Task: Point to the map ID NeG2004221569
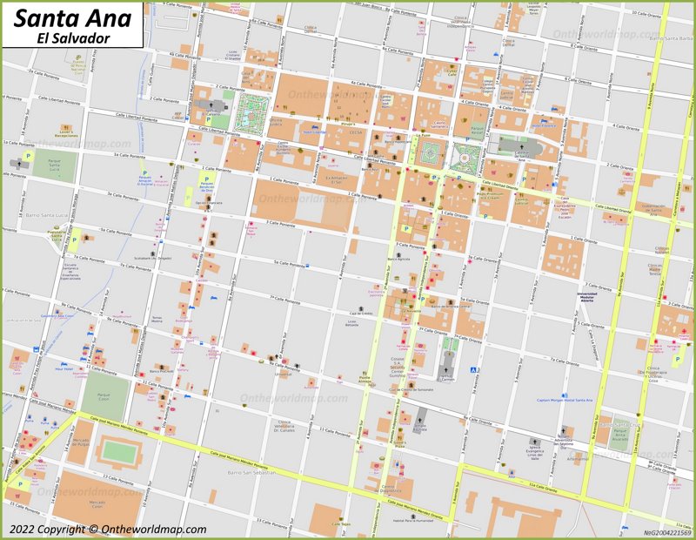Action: pyautogui.click(x=666, y=531)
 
